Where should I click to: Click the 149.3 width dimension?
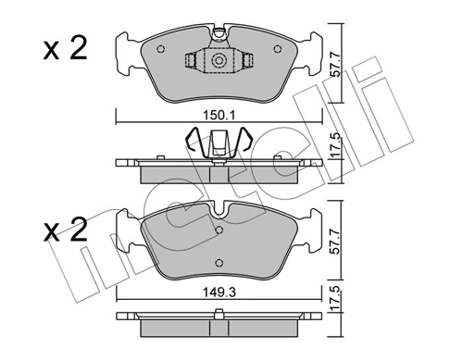pyautogui.click(x=219, y=297)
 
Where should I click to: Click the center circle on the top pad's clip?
pyautogui.click(x=219, y=61)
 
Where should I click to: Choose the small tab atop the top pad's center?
pyautogui.click(x=219, y=36)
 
